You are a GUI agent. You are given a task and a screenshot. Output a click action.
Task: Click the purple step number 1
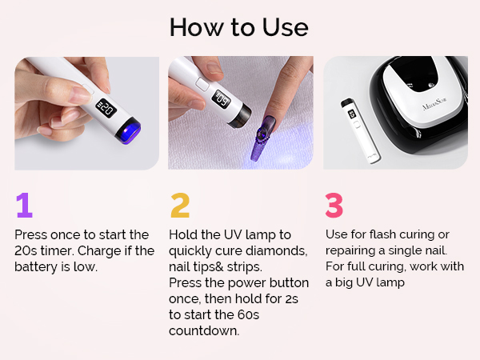point(25,205)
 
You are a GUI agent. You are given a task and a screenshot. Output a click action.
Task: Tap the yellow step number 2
point(180,205)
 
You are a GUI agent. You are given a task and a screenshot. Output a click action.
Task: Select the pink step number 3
point(334,205)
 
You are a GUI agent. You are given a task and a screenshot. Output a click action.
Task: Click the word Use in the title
point(285,27)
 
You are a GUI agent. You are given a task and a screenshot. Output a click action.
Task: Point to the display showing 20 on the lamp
point(106,108)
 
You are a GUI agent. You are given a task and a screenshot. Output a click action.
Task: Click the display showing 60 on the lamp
point(222,99)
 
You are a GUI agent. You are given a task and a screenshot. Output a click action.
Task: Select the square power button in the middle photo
point(202,83)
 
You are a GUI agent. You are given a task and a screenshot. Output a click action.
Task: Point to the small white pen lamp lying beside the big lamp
point(360,130)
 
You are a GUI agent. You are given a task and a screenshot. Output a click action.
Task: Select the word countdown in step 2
point(204,331)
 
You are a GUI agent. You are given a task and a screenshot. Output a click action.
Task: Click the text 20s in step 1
point(26,251)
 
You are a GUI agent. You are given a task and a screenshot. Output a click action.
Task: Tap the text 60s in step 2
point(248,315)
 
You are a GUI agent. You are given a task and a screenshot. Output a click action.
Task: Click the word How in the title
point(195,27)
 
